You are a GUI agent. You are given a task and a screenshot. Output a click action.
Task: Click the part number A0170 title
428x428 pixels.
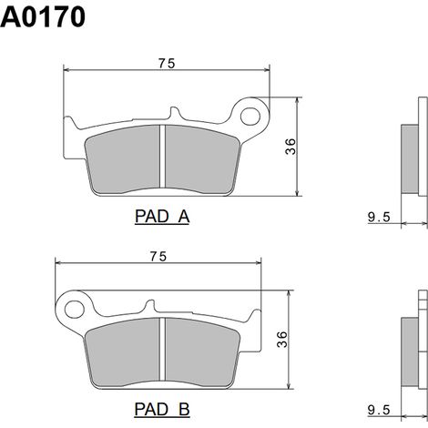(x=43, y=17)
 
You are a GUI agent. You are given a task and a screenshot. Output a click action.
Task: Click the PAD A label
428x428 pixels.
(x=162, y=217)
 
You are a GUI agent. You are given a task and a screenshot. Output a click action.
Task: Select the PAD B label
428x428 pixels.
(x=162, y=409)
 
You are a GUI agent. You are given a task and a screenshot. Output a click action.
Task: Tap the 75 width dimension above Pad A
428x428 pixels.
(x=167, y=64)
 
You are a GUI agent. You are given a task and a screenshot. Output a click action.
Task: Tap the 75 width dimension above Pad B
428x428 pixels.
(x=158, y=257)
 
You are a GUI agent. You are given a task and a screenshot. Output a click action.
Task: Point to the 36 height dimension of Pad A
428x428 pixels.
(x=290, y=147)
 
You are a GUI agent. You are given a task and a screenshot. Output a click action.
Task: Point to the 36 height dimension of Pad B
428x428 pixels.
(x=281, y=340)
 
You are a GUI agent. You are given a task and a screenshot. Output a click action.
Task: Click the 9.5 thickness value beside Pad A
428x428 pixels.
(x=379, y=217)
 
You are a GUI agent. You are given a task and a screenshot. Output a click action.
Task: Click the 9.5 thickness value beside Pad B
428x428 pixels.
(x=379, y=410)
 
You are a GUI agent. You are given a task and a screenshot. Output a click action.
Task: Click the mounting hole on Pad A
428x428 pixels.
(x=250, y=117)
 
